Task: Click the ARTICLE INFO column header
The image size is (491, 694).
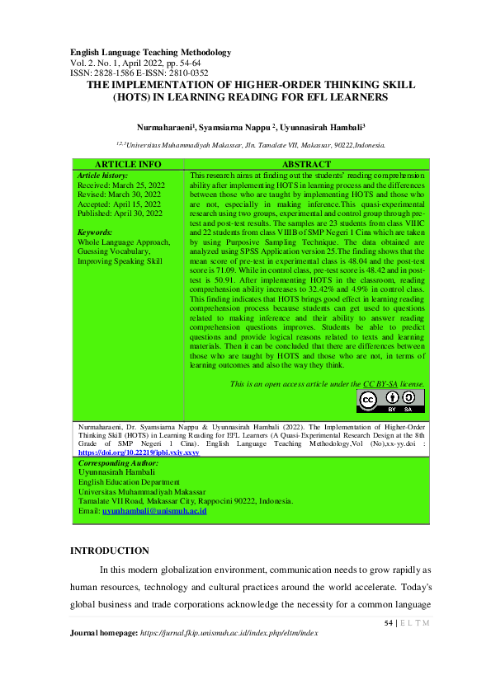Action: coord(128,165)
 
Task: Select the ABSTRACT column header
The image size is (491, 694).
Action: coord(306,165)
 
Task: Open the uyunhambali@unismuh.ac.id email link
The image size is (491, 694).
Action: coord(153,512)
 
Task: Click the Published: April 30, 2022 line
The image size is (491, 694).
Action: coord(119,213)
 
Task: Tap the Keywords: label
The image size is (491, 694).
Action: coord(95,232)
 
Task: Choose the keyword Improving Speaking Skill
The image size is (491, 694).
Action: coord(119,260)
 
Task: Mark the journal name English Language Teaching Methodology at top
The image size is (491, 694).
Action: coord(150,53)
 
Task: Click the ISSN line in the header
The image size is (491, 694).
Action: coord(139,73)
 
